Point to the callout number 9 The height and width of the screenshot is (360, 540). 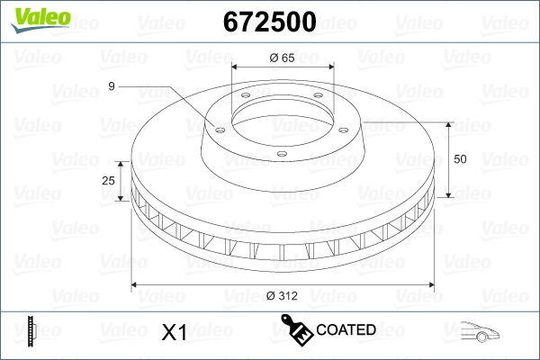(x=111, y=86)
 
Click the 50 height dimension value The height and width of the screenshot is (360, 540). (x=462, y=159)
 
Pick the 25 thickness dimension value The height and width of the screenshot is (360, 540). (x=110, y=181)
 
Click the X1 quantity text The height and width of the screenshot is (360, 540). (x=173, y=333)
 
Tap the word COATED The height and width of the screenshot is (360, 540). (x=346, y=330)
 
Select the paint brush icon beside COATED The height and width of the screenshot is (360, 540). (x=297, y=330)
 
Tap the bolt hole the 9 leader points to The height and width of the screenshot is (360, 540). (x=217, y=127)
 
